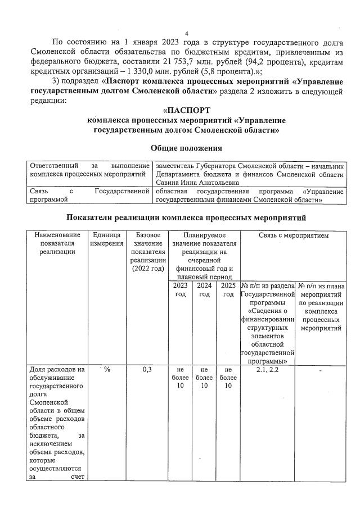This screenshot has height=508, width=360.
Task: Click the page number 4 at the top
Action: click(x=186, y=34)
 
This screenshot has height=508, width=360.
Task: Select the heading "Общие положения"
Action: click(x=186, y=148)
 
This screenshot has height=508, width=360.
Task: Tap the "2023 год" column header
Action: click(x=180, y=290)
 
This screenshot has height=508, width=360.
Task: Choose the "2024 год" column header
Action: click(x=204, y=290)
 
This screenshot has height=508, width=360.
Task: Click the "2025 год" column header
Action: click(x=228, y=290)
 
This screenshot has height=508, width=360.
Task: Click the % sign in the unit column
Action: click(x=106, y=369)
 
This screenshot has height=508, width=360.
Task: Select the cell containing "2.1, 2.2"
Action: click(x=268, y=369)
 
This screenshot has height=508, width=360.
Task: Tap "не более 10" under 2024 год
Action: click(x=204, y=378)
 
